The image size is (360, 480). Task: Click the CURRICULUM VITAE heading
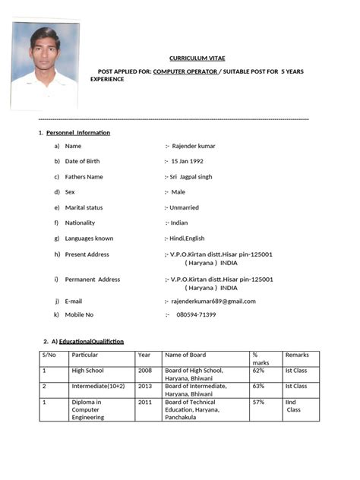pyautogui.click(x=197, y=58)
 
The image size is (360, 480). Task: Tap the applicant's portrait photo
pyautogui.click(x=45, y=65)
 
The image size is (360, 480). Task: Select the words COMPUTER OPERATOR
pyautogui.click(x=185, y=71)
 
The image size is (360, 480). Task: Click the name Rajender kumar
pyautogui.click(x=194, y=145)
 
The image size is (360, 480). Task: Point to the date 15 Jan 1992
pyautogui.click(x=187, y=161)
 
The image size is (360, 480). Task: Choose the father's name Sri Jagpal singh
pyautogui.click(x=191, y=176)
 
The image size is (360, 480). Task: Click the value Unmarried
pyautogui.click(x=184, y=207)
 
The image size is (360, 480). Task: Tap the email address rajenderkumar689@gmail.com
pyautogui.click(x=213, y=301)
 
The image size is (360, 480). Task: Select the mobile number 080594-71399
pyautogui.click(x=196, y=314)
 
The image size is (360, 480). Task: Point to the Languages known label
pyautogui.click(x=89, y=238)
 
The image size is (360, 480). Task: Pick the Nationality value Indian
pyautogui.click(x=178, y=223)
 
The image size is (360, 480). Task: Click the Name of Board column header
pyautogui.click(x=185, y=355)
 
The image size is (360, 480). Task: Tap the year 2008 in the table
pyautogui.click(x=144, y=371)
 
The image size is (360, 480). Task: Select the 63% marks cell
pyautogui.click(x=258, y=386)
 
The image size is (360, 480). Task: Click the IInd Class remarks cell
pyautogui.click(x=293, y=406)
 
